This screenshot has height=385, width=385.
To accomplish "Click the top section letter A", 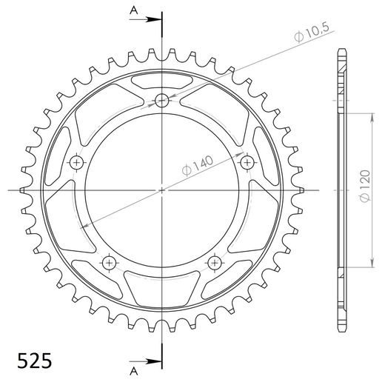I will tap(133, 10).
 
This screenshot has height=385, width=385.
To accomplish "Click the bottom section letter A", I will tap(133, 368).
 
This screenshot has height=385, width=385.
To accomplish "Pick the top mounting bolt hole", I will tap(162, 101).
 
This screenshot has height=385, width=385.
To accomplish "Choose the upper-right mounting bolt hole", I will tap(247, 162).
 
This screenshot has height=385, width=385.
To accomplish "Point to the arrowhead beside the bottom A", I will tap(155, 362).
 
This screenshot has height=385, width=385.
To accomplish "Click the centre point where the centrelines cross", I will tap(162, 190).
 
